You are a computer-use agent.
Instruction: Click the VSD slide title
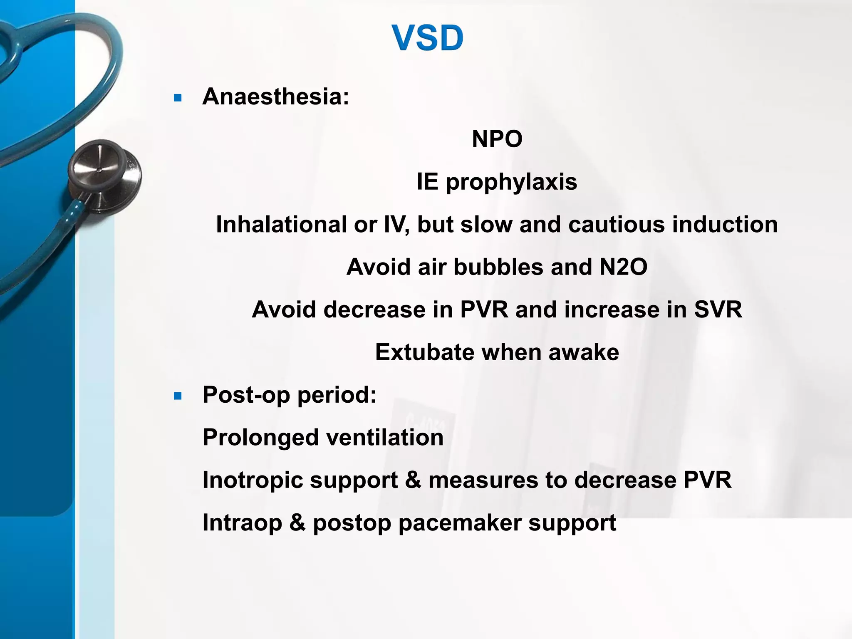pos(427,38)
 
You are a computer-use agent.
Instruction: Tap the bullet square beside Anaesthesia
pos(178,98)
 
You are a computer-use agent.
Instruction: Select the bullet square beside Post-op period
pos(178,396)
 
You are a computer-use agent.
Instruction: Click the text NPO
pos(497,139)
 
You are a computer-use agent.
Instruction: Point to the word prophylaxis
pos(511,182)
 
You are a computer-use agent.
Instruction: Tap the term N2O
pos(623,267)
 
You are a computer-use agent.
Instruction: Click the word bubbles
pos(498,267)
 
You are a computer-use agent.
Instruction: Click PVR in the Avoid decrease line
pos(484,310)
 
